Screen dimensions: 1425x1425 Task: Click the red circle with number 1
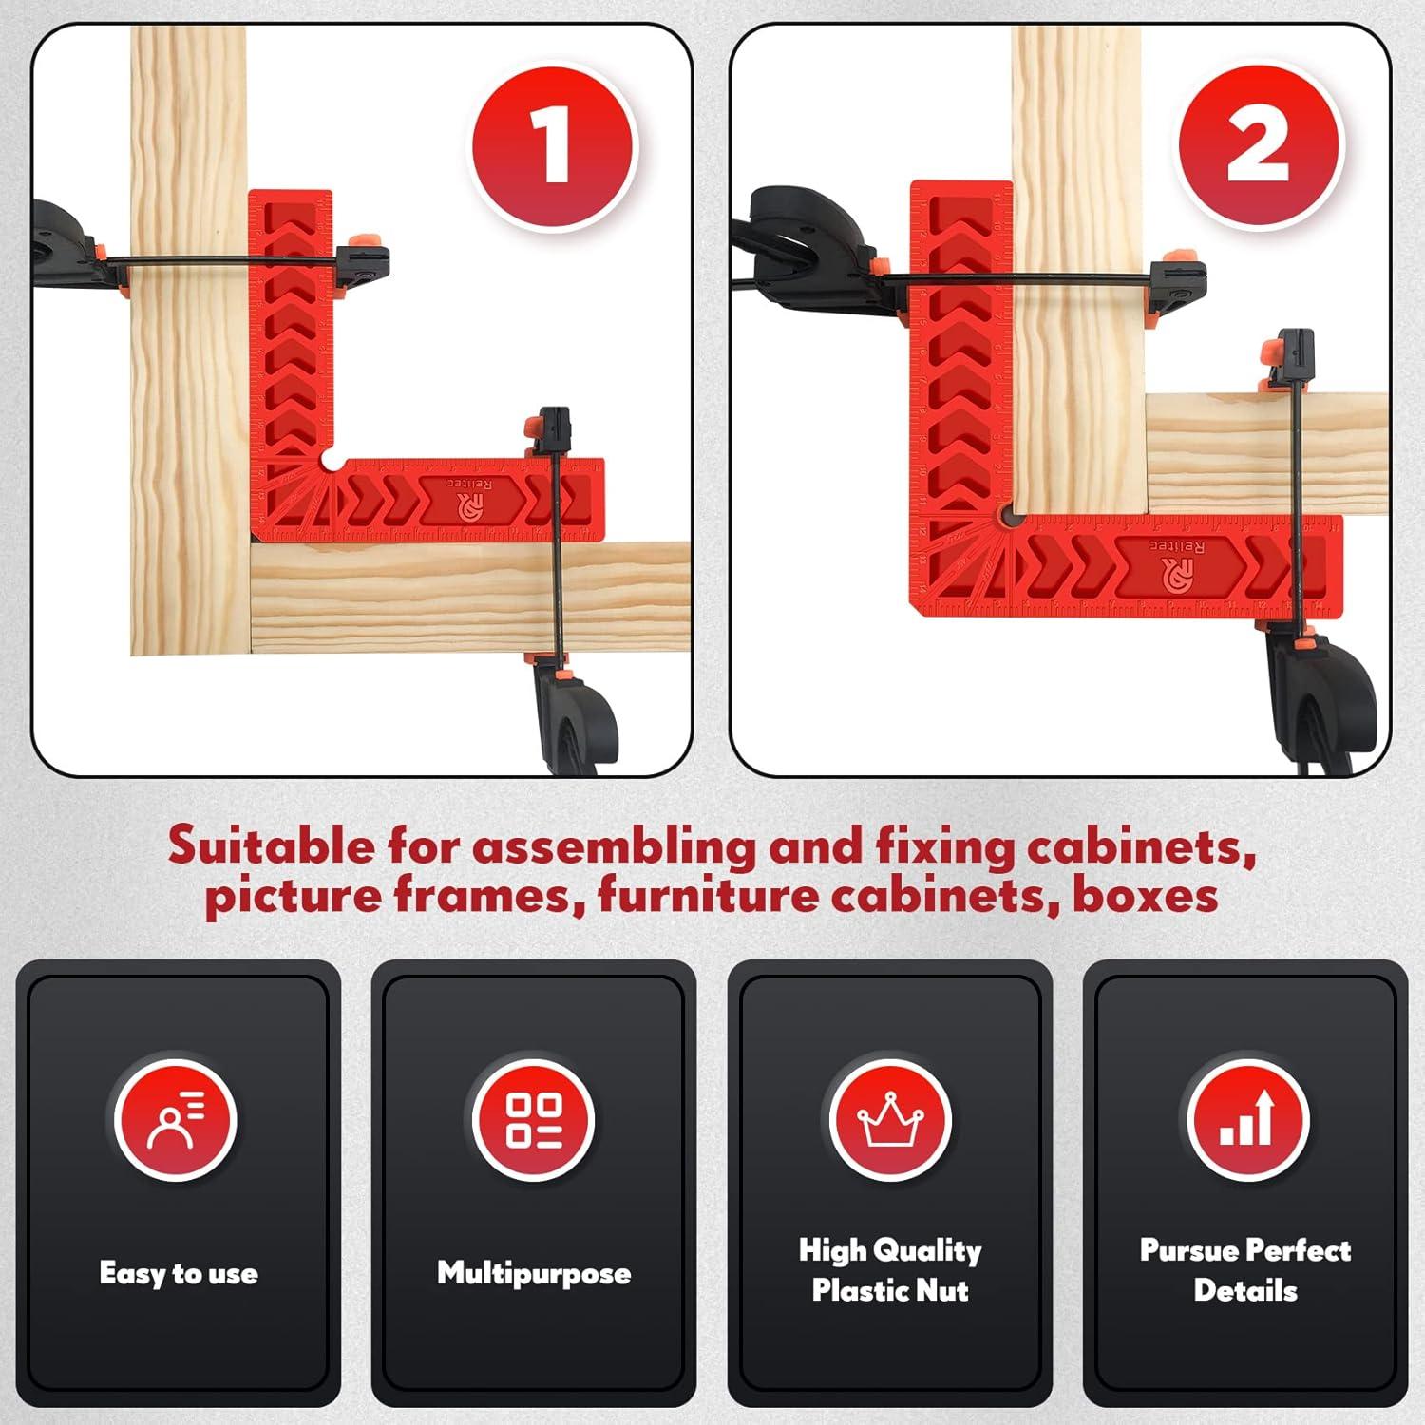554,147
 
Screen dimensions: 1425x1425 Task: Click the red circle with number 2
1259,147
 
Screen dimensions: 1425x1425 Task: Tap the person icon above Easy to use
176,1119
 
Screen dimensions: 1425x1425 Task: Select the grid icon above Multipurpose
533,1119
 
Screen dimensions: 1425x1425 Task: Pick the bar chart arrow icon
1247,1119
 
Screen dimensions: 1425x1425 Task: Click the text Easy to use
179,1273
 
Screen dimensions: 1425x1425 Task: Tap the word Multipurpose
534,1273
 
